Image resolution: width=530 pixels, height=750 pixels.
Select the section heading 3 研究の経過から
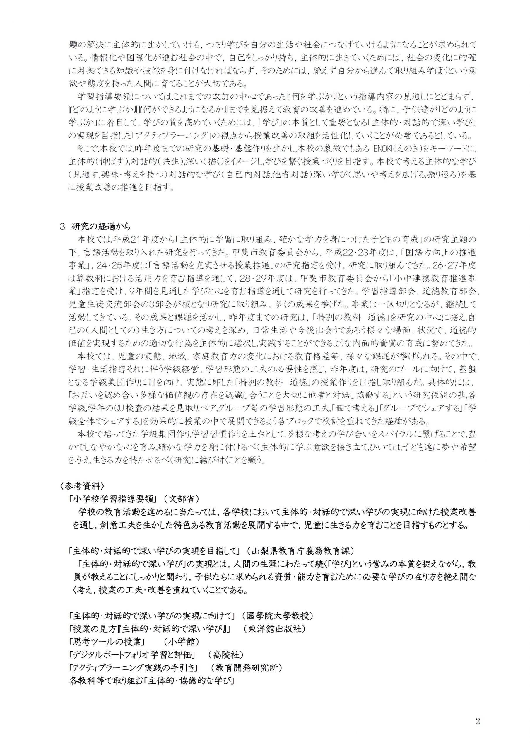coord(95,227)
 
